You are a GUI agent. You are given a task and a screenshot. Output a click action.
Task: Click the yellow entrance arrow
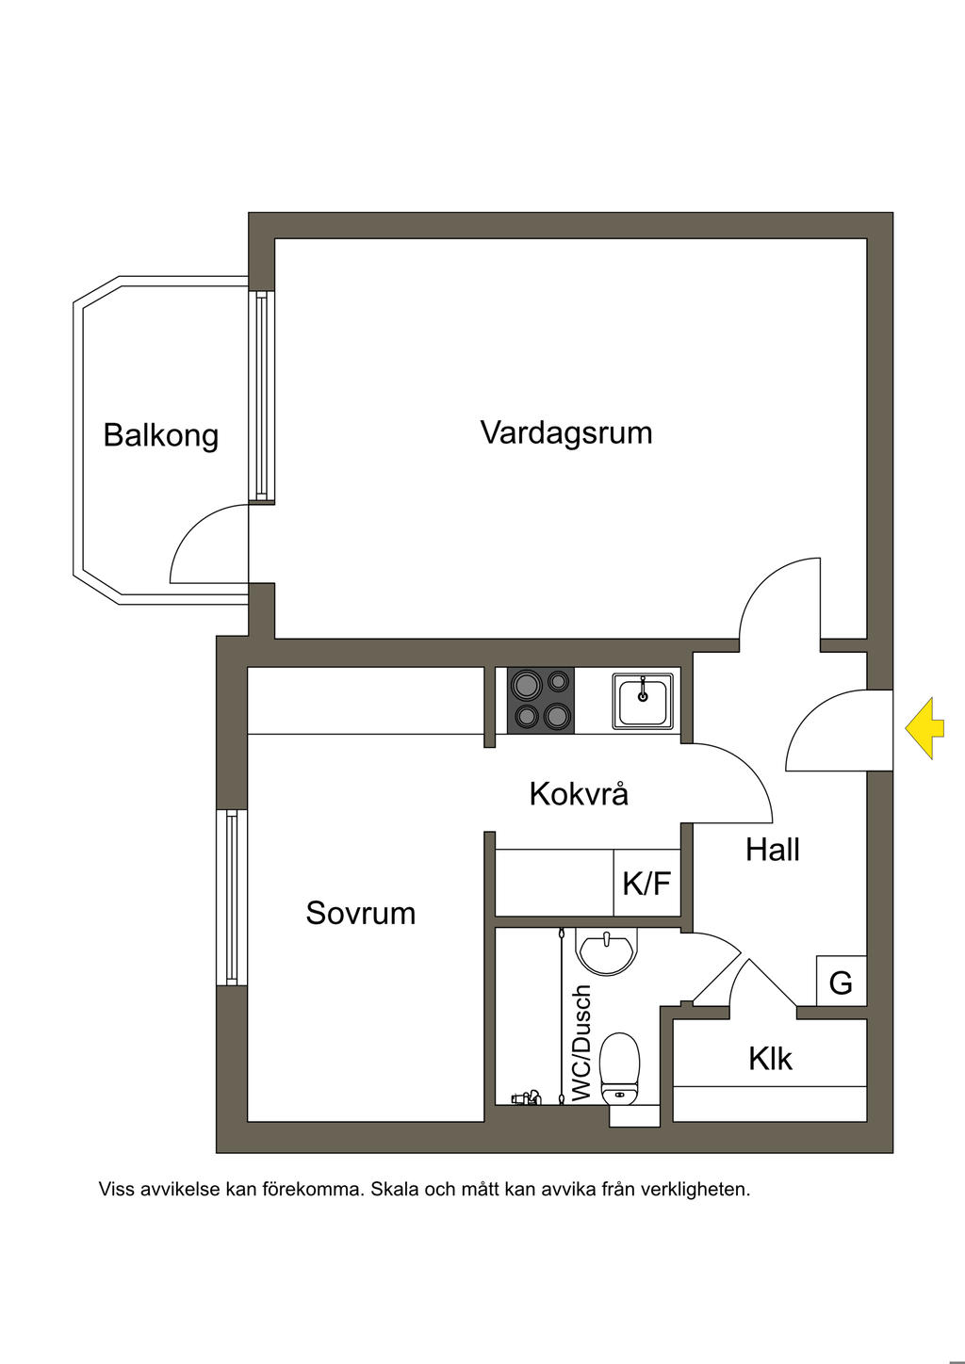point(924,729)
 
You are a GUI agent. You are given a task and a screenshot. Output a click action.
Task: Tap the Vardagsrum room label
point(566,433)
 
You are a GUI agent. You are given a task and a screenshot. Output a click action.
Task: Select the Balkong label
point(161,435)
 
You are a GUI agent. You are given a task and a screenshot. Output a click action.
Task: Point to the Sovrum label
point(361,914)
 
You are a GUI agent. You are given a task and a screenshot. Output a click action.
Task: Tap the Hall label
point(773,849)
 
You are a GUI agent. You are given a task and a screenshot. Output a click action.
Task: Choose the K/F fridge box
point(647,883)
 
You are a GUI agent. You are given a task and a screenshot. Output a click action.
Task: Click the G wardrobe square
point(842,981)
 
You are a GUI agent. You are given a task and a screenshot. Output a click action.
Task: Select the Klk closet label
point(770,1059)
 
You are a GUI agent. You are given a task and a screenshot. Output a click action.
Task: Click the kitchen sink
point(643,701)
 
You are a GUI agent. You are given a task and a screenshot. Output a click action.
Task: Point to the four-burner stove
point(541,700)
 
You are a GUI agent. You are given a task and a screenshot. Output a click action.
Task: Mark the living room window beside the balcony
point(262,397)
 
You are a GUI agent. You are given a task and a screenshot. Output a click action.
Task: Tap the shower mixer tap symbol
point(527,1098)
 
